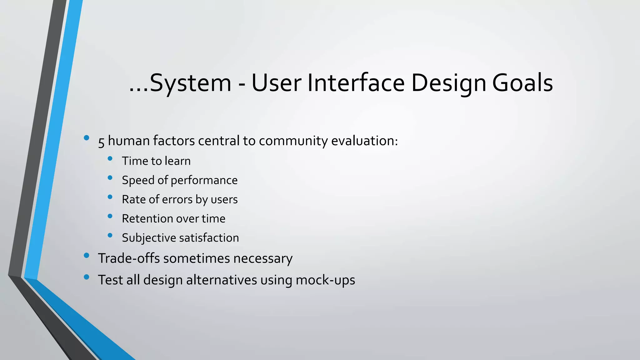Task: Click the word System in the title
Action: (190, 83)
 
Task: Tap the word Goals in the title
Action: (522, 83)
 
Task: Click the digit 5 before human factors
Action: (101, 142)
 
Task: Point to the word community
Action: (293, 141)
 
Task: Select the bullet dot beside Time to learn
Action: (110, 159)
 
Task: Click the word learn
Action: (177, 161)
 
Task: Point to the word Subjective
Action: (149, 238)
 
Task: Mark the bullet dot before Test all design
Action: (87, 277)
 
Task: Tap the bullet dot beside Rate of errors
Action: (110, 197)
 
